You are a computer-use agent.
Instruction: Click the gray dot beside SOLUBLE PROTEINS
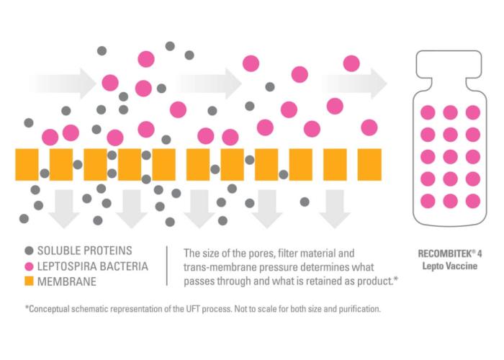click(x=30, y=251)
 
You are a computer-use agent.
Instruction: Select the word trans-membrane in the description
click(x=216, y=266)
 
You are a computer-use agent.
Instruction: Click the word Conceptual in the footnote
click(x=50, y=309)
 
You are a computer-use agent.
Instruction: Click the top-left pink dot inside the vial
click(x=428, y=112)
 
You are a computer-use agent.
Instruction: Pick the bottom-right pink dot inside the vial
click(x=473, y=201)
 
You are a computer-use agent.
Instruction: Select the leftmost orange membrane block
click(x=27, y=165)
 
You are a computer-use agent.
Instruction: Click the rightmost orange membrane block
click(x=369, y=165)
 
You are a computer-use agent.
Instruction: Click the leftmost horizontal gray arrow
click(x=61, y=84)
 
